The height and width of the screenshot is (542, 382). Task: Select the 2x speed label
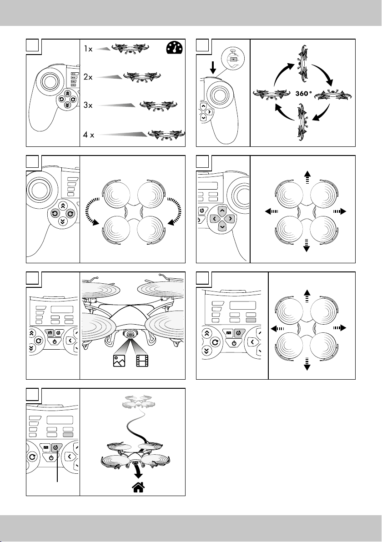(x=87, y=77)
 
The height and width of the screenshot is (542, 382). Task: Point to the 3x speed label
(x=87, y=105)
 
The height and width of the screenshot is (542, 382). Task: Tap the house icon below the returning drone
(x=138, y=488)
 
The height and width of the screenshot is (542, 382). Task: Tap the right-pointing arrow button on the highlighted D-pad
(x=231, y=219)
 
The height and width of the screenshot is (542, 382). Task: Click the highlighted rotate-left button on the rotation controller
(x=55, y=213)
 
